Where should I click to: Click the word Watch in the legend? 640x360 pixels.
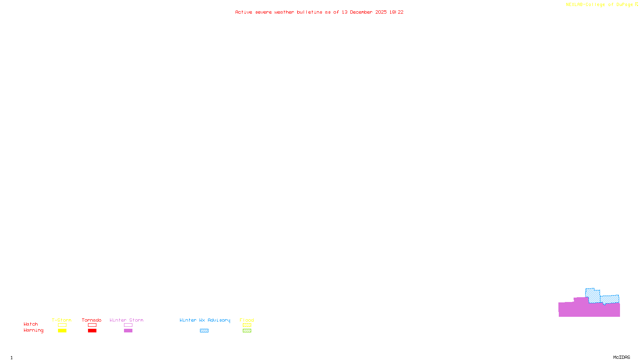click(x=31, y=324)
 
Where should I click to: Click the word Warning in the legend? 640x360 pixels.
click(x=33, y=330)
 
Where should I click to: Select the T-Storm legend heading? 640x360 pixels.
click(x=62, y=320)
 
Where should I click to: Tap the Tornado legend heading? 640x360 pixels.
click(x=92, y=320)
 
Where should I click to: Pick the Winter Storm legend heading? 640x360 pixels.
click(x=126, y=320)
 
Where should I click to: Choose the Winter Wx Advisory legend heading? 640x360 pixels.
click(x=205, y=320)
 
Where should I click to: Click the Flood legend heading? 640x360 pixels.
click(x=247, y=320)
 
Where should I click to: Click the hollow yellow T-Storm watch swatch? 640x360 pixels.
click(x=62, y=325)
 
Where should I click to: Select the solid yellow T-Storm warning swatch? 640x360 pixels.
click(x=62, y=331)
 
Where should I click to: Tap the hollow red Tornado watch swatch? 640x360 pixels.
click(x=92, y=325)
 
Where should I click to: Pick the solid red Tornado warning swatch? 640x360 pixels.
click(x=92, y=331)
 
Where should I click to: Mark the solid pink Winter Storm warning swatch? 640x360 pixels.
click(x=128, y=331)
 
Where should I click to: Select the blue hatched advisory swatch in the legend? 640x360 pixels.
click(x=204, y=331)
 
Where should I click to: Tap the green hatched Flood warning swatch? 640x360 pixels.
click(x=247, y=331)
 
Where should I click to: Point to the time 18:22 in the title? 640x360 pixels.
click(x=396, y=12)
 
